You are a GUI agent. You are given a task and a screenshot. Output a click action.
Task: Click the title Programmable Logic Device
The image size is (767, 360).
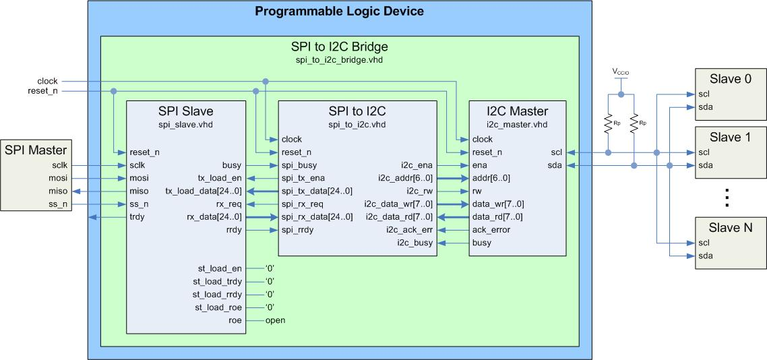coord(339,11)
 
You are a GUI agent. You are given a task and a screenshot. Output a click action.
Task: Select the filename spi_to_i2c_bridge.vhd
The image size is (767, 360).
coord(339,60)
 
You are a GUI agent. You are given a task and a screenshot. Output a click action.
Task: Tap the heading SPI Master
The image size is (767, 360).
coord(36,149)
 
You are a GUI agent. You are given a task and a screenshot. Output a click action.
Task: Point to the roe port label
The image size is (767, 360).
coord(235,320)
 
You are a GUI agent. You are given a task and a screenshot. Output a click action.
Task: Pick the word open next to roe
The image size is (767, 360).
coord(275,320)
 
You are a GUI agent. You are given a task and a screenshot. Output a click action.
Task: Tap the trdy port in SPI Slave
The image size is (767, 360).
coord(137,217)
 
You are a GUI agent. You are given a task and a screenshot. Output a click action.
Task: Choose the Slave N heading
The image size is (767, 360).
coord(730,228)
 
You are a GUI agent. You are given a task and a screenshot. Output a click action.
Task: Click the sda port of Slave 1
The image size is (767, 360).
coord(706,165)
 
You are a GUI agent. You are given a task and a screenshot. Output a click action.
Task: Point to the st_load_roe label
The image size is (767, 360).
coord(217,307)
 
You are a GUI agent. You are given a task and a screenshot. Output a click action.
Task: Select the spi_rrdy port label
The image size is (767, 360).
coord(297,230)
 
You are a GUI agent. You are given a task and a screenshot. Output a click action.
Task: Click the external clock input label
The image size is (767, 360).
coord(47,82)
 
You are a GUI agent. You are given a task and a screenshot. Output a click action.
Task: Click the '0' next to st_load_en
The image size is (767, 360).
coord(270,268)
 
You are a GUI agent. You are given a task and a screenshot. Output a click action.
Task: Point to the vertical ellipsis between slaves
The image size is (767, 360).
coord(728,197)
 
